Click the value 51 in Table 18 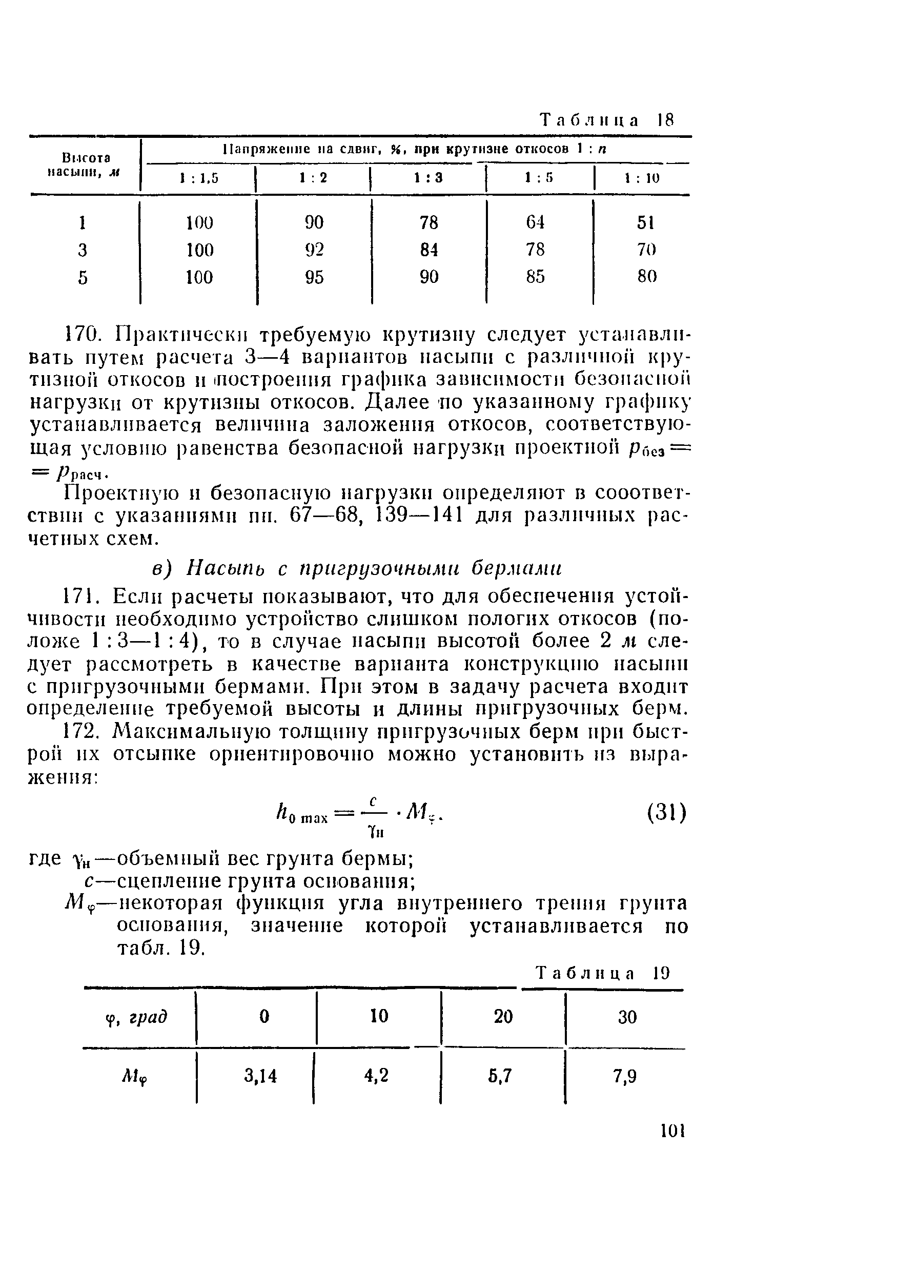645,223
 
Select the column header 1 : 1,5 199,179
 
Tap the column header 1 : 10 642,179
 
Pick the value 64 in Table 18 535,223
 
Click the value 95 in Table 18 314,277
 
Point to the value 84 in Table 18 429,250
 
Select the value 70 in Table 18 646,250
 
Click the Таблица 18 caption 606,120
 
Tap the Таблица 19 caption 603,973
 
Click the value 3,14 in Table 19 261,1076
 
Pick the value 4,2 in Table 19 376,1076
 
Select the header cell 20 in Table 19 503,1016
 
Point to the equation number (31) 666,813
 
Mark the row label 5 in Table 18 83,278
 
